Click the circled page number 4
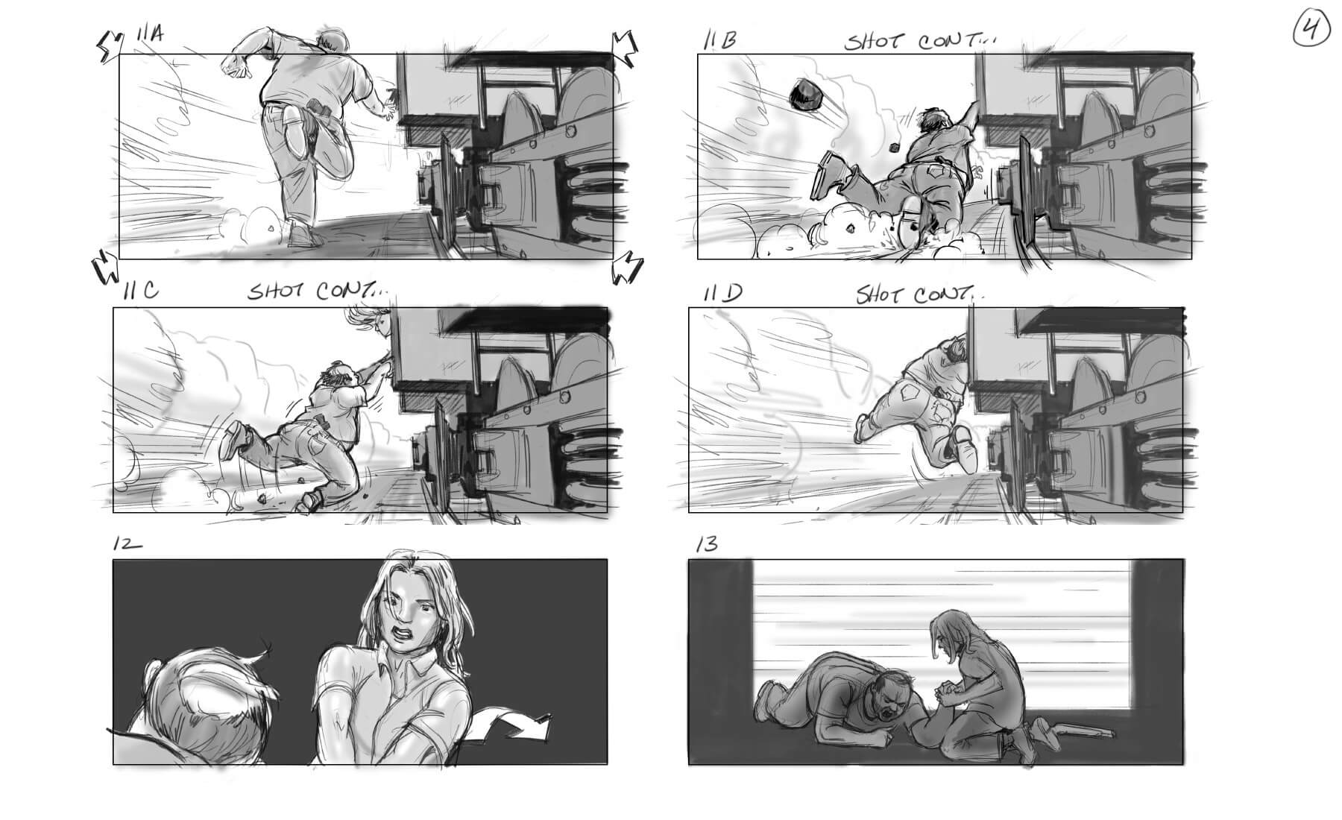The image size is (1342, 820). tap(1313, 31)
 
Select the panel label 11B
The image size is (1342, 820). tap(719, 40)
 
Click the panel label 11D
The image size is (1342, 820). tap(722, 293)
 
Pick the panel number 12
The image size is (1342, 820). tap(127, 544)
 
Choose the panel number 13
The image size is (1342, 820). tap(706, 544)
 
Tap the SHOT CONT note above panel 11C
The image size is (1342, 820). tap(318, 291)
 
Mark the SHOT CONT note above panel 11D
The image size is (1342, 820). tap(919, 294)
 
